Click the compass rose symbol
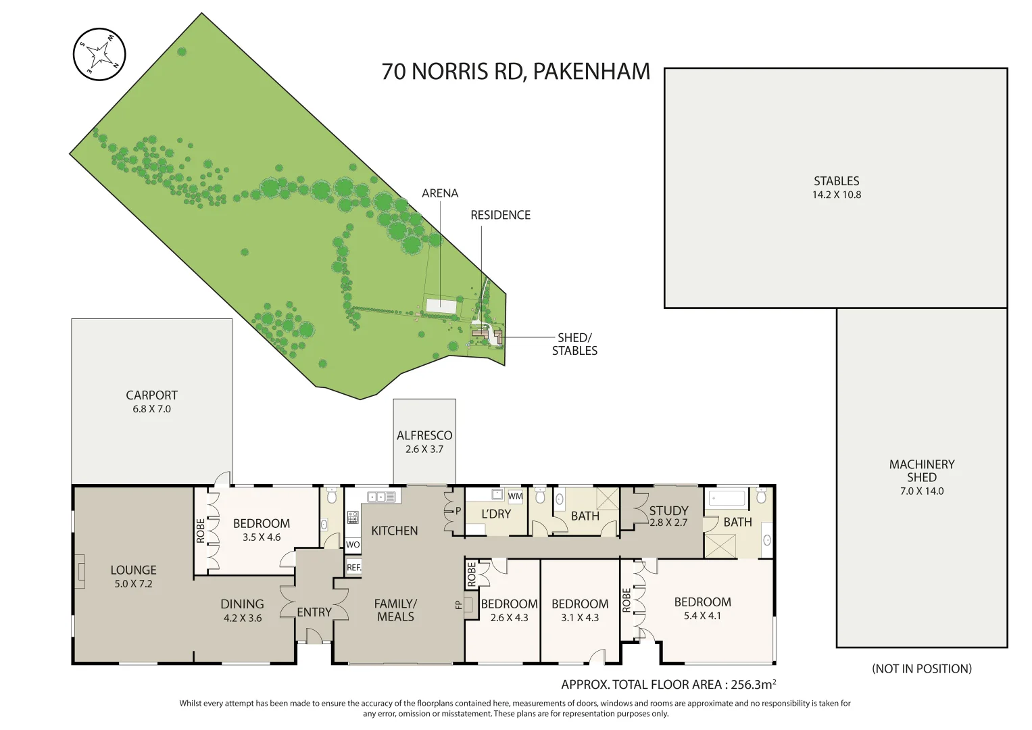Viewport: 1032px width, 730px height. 99,54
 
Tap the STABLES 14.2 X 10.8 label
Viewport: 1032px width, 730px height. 837,187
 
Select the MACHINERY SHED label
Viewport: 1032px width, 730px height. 922,471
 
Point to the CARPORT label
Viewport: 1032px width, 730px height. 151,395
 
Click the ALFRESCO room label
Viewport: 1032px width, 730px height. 424,436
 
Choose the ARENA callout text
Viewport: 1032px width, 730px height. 440,193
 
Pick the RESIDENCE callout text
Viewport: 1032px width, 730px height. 500,215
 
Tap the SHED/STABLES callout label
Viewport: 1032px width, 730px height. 574,344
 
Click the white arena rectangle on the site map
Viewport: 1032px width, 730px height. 441,305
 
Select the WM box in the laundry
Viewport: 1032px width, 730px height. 516,496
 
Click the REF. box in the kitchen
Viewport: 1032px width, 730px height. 353,567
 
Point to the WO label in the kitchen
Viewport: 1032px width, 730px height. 353,544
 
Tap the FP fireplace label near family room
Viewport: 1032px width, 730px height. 459,604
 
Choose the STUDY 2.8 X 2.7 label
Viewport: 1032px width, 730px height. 668,516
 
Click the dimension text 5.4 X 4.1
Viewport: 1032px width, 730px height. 702,616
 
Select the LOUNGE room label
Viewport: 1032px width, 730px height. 133,570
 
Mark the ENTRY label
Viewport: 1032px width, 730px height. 314,612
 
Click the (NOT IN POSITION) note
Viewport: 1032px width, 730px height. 922,668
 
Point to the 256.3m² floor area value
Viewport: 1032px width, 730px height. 753,685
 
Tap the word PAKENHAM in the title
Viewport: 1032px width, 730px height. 591,72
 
